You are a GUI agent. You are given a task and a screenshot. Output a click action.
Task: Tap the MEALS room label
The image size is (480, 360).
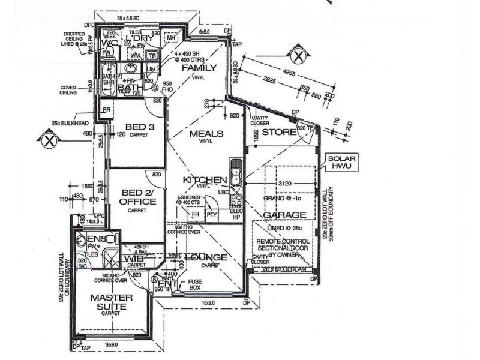[x=206, y=133]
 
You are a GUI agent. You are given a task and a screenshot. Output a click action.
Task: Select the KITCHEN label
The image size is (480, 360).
[x=205, y=180]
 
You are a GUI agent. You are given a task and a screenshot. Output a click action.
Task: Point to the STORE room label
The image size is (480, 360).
[x=279, y=132]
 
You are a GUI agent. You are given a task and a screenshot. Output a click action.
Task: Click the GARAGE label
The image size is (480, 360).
[x=285, y=215]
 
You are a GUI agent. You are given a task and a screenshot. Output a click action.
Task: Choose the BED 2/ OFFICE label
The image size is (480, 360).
[x=138, y=197]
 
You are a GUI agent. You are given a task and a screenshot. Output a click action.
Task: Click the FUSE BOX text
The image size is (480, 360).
[x=194, y=284]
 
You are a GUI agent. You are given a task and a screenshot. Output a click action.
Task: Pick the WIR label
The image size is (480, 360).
[x=134, y=259]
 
